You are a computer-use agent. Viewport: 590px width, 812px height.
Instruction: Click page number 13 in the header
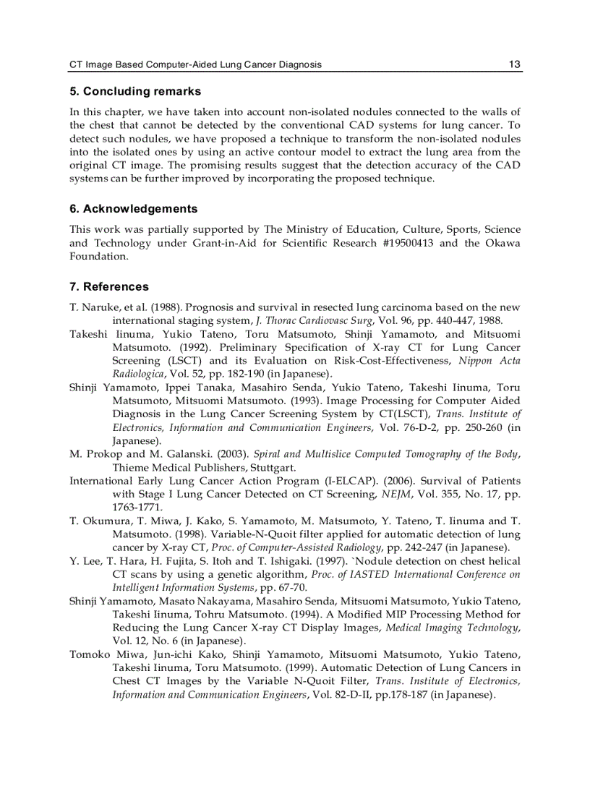pos(514,64)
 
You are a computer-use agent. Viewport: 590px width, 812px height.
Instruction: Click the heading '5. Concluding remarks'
pos(135,92)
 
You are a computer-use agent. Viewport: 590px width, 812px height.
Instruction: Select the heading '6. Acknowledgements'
pos(133,209)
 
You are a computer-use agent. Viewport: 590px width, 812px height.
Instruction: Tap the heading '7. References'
pos(109,287)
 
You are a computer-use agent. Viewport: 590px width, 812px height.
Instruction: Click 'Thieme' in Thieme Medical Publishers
pos(129,468)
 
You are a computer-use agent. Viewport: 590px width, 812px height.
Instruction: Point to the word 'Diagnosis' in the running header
pos(299,64)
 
